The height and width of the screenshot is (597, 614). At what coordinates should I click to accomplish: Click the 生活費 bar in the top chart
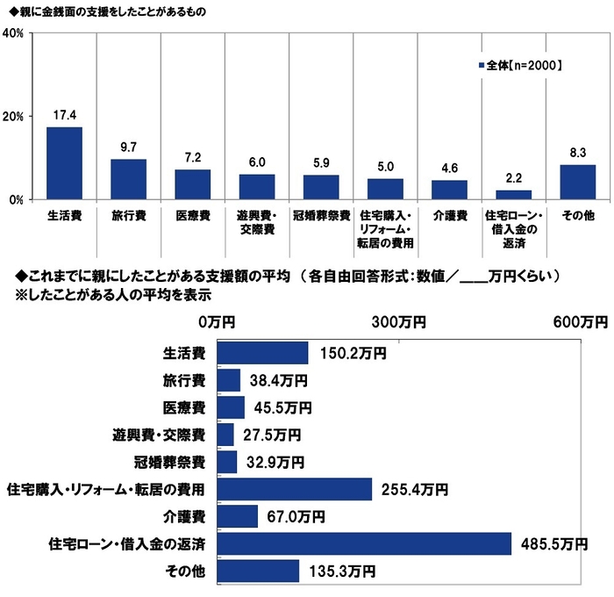(x=64, y=163)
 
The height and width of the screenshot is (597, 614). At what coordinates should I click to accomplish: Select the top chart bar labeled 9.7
(x=128, y=179)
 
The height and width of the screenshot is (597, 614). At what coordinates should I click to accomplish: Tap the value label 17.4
(x=64, y=115)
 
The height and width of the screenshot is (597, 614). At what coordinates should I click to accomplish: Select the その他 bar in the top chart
(x=577, y=182)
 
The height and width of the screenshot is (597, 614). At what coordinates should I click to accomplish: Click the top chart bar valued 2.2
(x=513, y=195)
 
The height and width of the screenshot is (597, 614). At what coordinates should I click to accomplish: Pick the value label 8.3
(x=577, y=153)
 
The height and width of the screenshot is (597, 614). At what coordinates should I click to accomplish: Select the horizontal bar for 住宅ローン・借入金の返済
(x=363, y=543)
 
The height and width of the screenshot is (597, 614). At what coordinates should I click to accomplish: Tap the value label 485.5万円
(x=551, y=544)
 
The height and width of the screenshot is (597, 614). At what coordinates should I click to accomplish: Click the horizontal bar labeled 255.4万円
(x=294, y=489)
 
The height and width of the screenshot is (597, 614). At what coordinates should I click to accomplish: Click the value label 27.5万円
(x=270, y=435)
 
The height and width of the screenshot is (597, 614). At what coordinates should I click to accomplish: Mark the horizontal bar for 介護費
(x=237, y=516)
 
